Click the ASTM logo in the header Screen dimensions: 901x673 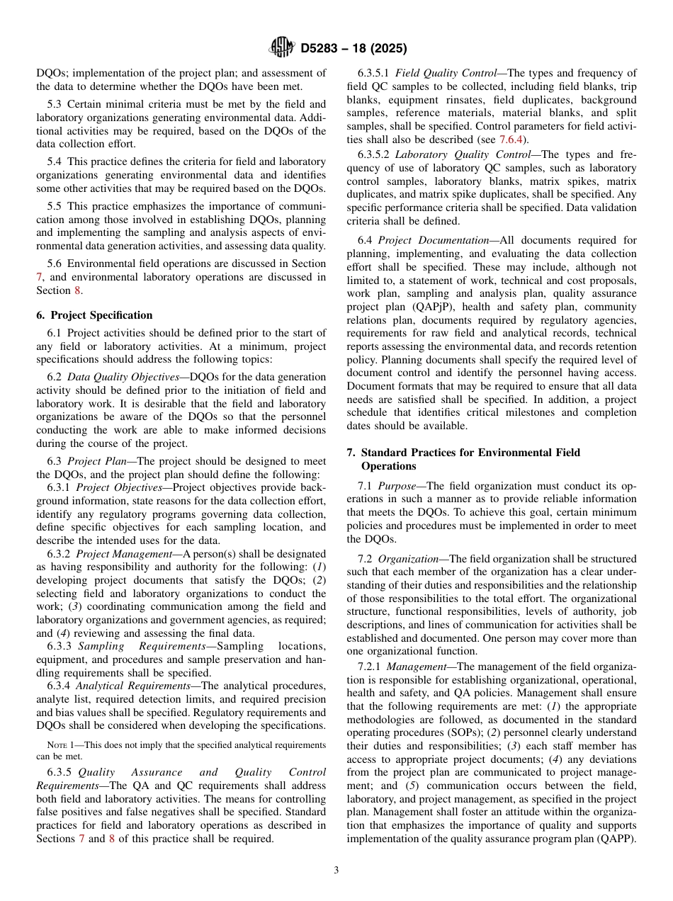coord(281,48)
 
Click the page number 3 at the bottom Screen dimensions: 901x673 coord(336,870)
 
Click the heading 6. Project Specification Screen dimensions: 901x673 coord(94,315)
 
